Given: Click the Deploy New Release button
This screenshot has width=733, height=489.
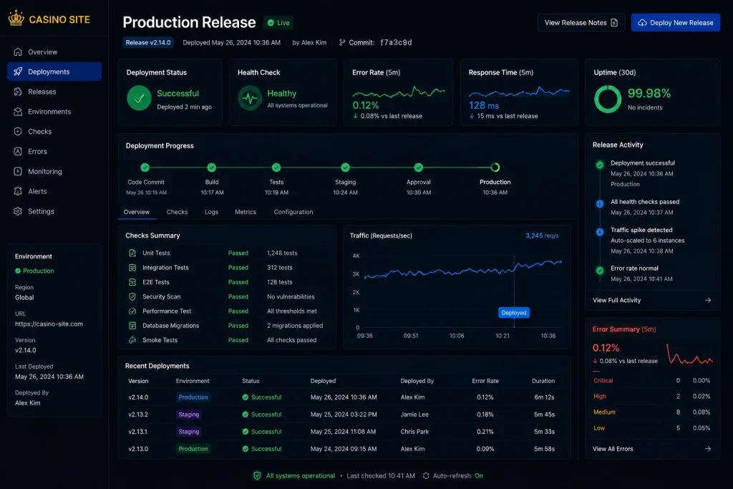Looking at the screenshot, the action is pos(676,22).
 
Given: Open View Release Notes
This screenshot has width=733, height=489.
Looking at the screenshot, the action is pos(581,22).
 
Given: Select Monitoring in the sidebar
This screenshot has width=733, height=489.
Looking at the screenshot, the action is pos(45,172).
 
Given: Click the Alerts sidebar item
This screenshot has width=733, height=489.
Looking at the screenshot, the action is pos(37,191).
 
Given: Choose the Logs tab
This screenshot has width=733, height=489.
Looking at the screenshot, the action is pos(211,212).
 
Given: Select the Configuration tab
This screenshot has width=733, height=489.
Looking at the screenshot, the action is pos(293,212).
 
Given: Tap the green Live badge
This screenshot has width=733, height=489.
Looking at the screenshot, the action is pos(278,22).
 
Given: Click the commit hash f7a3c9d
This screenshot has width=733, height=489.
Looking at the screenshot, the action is pos(396,42).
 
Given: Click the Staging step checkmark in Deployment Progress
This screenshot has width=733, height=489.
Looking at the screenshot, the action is pos(346,168).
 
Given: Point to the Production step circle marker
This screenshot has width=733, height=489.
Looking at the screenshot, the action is pos(495,168).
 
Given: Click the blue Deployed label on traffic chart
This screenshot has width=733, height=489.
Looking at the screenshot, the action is pos(514,313).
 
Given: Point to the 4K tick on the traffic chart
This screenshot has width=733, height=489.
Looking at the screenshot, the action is pos(356,256).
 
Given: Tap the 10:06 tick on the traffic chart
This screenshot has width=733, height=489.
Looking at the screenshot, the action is pos(457,336).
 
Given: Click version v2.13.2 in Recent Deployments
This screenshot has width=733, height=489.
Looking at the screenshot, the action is pos(138,415).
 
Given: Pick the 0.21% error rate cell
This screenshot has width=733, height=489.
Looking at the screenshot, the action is pos(485,432).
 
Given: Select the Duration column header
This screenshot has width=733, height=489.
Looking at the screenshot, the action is pos(543,381).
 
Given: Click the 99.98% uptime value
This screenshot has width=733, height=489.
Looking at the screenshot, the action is pos(649,94).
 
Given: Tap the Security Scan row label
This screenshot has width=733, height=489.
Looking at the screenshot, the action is pos(161,296).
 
